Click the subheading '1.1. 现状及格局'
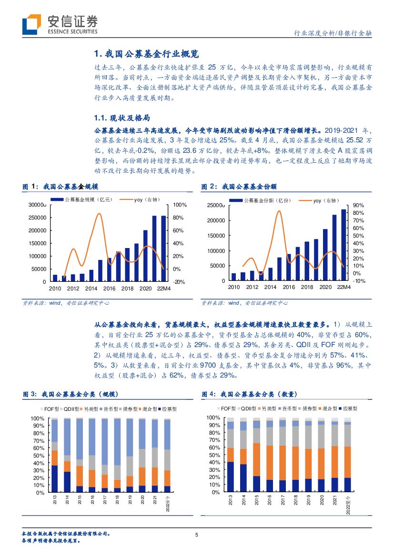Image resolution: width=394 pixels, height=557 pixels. coord(123,118)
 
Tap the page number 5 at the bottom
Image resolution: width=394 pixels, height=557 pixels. coord(197,535)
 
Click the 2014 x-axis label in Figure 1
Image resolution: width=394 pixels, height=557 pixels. coord(91,289)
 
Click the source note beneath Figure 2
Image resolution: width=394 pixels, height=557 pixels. coord(244,303)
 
